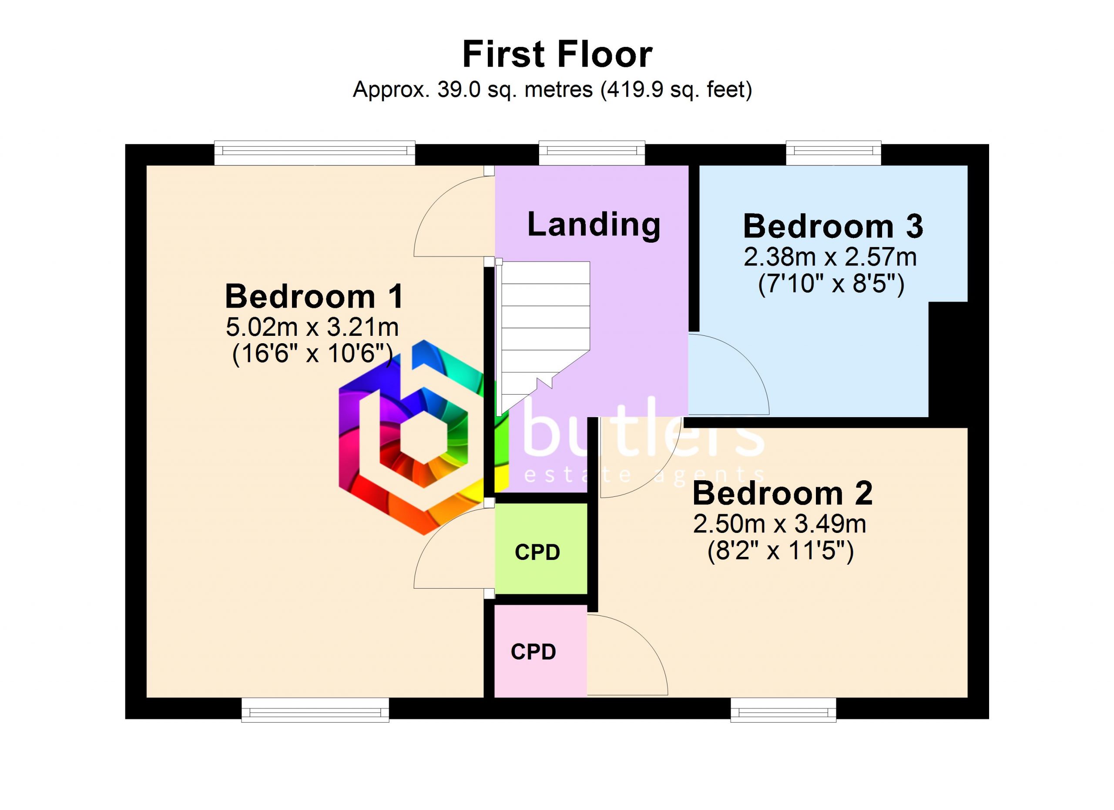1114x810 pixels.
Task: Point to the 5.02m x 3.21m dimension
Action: pyautogui.click(x=312, y=327)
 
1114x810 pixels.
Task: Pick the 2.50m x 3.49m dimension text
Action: pyautogui.click(x=779, y=524)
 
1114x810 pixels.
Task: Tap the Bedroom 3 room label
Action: pyautogui.click(x=833, y=226)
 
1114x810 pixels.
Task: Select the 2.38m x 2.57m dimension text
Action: pyautogui.click(x=830, y=257)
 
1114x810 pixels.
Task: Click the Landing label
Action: pyautogui.click(x=594, y=224)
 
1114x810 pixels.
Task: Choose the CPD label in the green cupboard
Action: pyautogui.click(x=537, y=552)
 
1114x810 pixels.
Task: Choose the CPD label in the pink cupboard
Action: pyautogui.click(x=534, y=652)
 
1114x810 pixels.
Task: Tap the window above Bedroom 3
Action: pyautogui.click(x=833, y=153)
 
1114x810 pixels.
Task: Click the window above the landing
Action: pyautogui.click(x=592, y=153)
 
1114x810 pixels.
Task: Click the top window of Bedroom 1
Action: pyautogui.click(x=315, y=153)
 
